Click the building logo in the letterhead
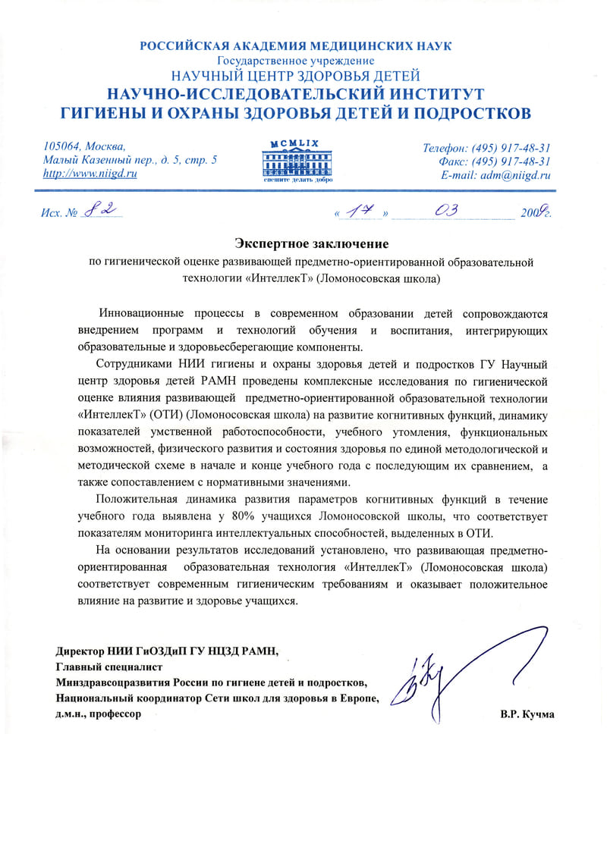point(297,162)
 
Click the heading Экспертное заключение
point(311,243)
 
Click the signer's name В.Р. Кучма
point(527,714)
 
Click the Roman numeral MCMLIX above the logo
point(297,143)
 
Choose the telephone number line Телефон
point(486,147)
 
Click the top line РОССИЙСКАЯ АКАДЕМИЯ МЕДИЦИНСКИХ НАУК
point(296,46)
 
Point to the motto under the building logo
point(297,180)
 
